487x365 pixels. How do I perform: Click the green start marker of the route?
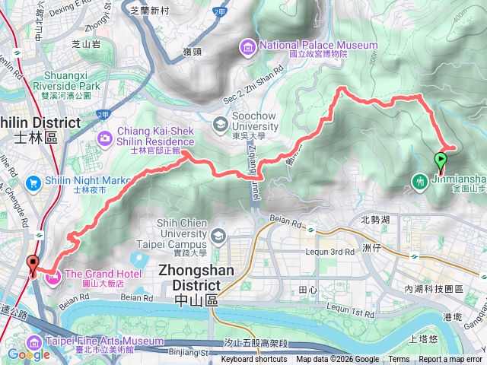click(440, 160)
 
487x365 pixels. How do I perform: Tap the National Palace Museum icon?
click(247, 47)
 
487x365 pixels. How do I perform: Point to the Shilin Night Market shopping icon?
click(33, 183)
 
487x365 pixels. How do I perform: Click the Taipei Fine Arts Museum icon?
click(35, 342)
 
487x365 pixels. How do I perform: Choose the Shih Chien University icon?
click(219, 236)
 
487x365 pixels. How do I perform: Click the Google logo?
click(28, 354)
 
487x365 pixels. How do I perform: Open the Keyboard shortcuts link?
click(254, 360)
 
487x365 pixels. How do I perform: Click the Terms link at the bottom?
click(399, 360)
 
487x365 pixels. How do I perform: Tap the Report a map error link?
click(450, 360)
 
